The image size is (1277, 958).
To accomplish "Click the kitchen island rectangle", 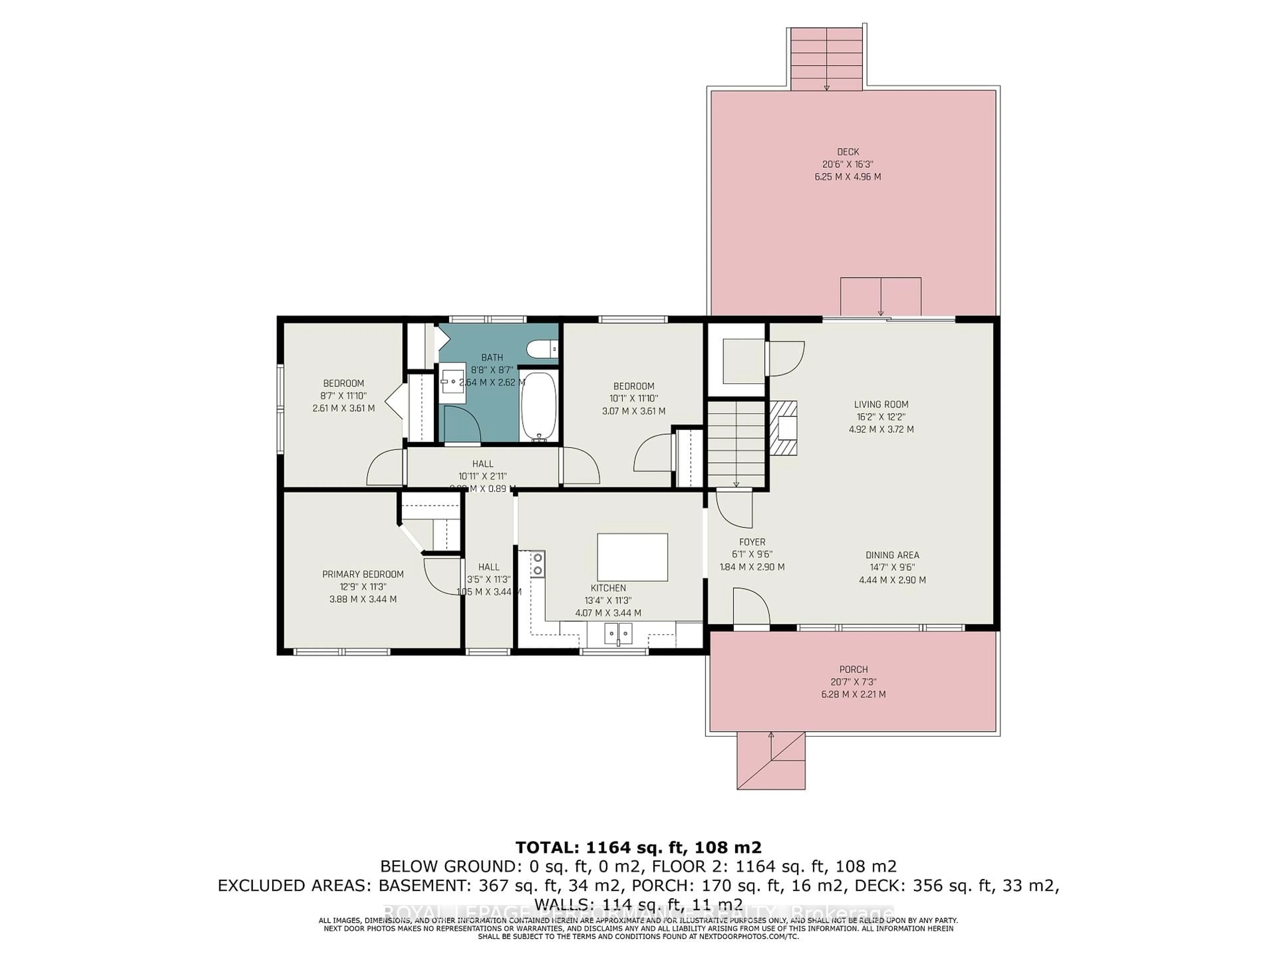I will click(x=632, y=557).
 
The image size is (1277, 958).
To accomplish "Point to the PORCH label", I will click(x=853, y=669).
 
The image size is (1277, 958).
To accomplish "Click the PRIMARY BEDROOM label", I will click(x=362, y=574).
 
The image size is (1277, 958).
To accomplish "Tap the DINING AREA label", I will click(x=892, y=555).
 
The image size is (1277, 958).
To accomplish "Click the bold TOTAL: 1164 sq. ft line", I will click(x=638, y=847).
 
